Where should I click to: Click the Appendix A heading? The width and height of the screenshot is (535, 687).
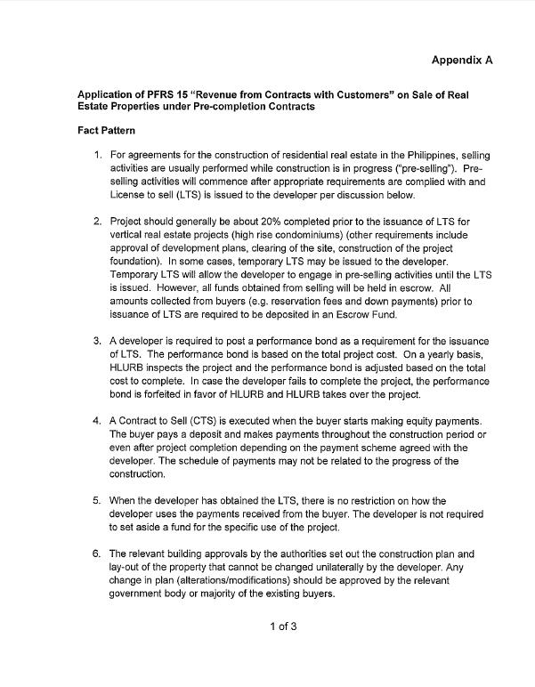[461, 60]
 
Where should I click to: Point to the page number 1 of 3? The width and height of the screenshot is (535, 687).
[283, 626]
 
